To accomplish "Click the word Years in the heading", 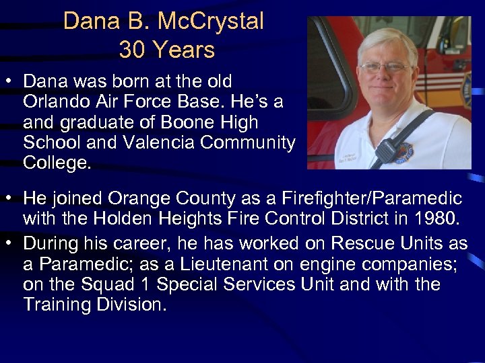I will [183, 49].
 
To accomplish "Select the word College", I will [55, 163].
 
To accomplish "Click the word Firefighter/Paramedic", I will [373, 198].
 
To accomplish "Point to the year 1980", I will [436, 218].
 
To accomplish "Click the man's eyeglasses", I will [386, 67].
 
